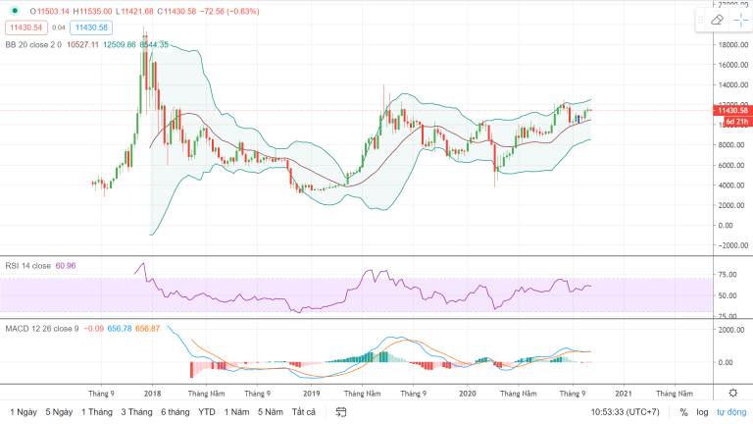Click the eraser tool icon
click(716, 20)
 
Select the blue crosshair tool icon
click(739, 20)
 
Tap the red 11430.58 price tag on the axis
click(731, 111)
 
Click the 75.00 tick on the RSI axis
click(727, 276)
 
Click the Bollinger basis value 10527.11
click(86, 44)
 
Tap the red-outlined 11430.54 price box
click(25, 28)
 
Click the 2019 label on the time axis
click(311, 393)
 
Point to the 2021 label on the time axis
click(624, 393)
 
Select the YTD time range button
click(206, 412)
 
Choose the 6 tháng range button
click(175, 412)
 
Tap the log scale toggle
click(703, 412)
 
